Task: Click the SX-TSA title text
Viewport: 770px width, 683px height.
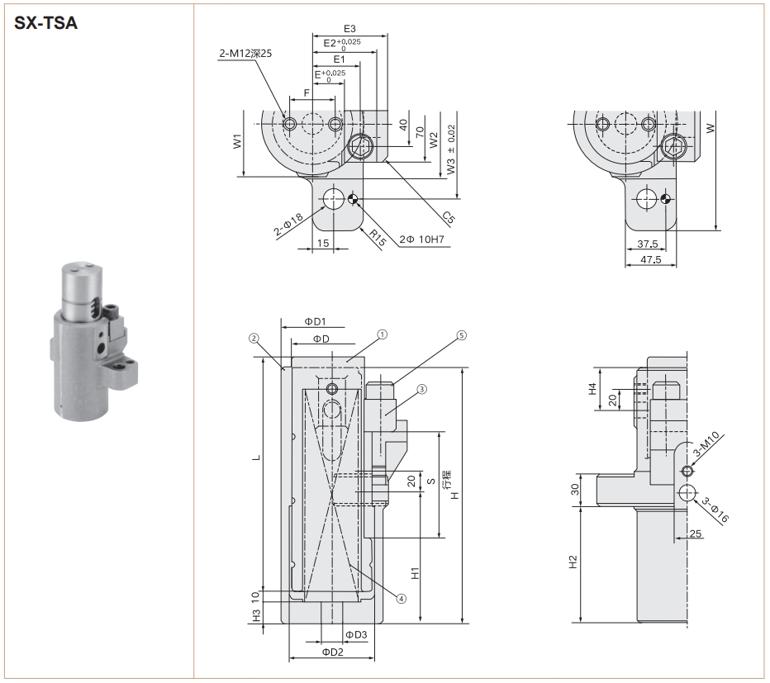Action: click(47, 23)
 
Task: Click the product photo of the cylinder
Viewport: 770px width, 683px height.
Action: click(94, 340)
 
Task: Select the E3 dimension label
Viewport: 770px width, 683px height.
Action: click(349, 29)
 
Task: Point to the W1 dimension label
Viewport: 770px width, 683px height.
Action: click(237, 142)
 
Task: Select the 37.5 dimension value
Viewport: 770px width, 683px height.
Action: click(648, 244)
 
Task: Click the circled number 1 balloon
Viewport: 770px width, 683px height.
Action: click(382, 335)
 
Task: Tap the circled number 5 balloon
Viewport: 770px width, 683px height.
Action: click(460, 335)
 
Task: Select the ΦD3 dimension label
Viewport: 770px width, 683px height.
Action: click(356, 633)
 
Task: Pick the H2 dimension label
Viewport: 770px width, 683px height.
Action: click(573, 562)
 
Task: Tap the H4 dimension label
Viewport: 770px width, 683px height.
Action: click(592, 387)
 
